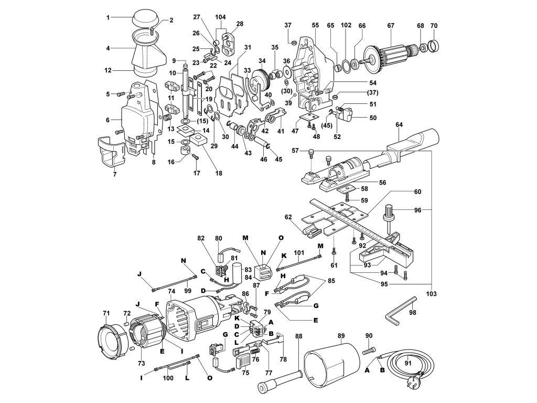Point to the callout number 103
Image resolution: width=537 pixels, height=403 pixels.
(x=432, y=294)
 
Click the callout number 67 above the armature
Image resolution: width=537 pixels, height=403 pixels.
(x=391, y=25)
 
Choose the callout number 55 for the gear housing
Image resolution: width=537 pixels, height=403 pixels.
(x=315, y=25)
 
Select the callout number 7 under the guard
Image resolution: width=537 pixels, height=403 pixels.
(x=115, y=174)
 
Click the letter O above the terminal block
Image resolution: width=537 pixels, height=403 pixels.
(x=281, y=238)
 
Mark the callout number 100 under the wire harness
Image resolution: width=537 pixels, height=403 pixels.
(x=168, y=378)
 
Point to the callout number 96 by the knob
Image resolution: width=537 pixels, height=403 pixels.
(x=417, y=210)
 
